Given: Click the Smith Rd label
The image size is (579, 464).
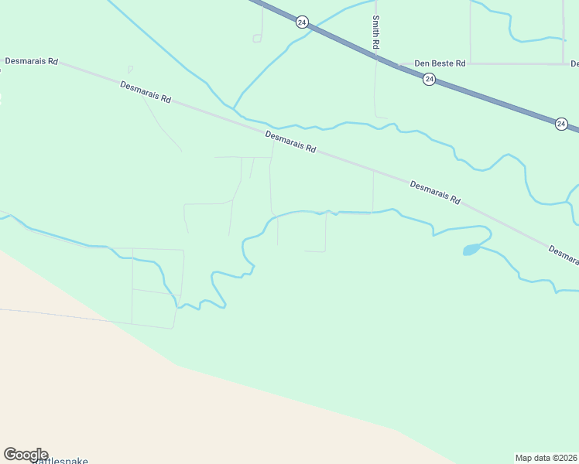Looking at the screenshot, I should tap(375, 32).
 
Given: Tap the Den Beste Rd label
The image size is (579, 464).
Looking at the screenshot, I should tap(440, 63).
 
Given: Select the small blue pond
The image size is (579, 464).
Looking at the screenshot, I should tap(471, 250).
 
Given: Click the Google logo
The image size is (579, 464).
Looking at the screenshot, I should tap(26, 454).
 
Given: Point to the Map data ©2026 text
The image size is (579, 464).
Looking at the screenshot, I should tap(546, 458).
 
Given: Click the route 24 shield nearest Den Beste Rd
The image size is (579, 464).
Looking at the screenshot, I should tap(429, 79).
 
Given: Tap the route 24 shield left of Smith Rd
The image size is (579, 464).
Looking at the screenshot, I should tap(302, 22).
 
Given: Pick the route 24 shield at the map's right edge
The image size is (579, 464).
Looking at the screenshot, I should tap(561, 123).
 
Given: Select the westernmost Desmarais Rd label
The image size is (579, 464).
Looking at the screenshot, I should tap(32, 60).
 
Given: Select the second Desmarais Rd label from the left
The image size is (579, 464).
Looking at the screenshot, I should tap(146, 92).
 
